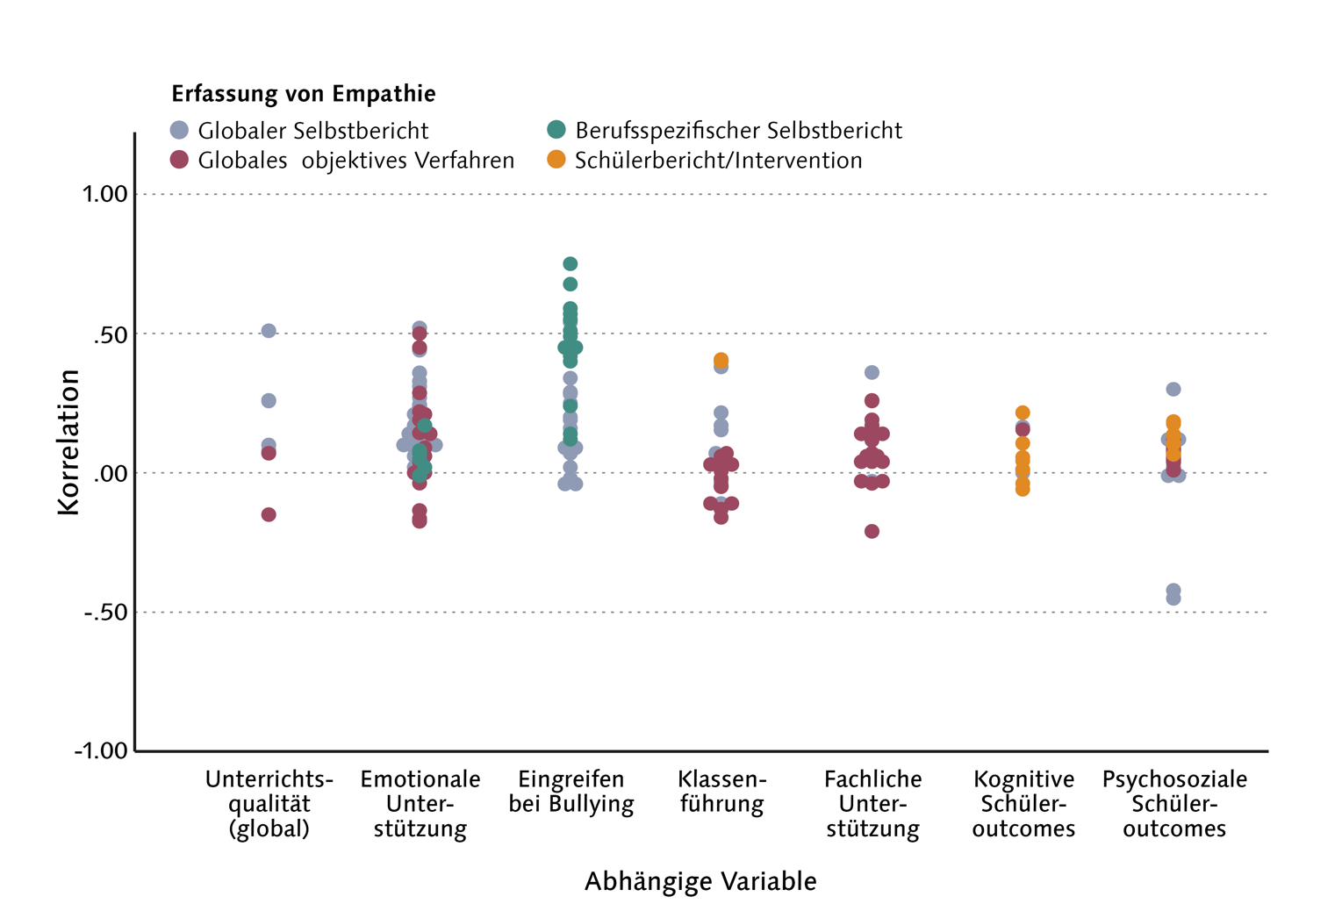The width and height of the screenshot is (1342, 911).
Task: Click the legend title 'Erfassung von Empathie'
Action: coord(303,94)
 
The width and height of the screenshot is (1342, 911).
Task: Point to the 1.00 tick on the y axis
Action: coord(105,194)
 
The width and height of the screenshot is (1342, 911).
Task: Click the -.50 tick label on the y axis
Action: coord(105,612)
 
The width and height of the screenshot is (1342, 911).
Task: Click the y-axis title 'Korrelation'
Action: coord(68,441)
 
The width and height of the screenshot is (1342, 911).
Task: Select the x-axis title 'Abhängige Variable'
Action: coord(700,881)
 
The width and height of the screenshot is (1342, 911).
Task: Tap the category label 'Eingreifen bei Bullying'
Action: coord(571,792)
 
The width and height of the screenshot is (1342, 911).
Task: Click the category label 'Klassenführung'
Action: coord(722,792)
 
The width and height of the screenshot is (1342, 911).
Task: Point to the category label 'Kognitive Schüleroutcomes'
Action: coord(1023,804)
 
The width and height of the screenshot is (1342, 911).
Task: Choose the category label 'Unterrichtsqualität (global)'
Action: coord(269,804)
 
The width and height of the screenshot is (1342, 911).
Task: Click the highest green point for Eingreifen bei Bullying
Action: coord(570,264)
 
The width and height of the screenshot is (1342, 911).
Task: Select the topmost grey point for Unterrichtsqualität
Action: coord(269,331)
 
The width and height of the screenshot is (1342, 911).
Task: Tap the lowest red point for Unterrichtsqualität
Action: coord(269,514)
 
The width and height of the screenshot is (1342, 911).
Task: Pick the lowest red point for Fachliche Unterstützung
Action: coord(872,531)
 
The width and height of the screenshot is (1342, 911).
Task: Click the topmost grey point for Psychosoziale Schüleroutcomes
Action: coord(1173,389)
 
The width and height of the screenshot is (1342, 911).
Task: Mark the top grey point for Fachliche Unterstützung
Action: coord(872,373)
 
